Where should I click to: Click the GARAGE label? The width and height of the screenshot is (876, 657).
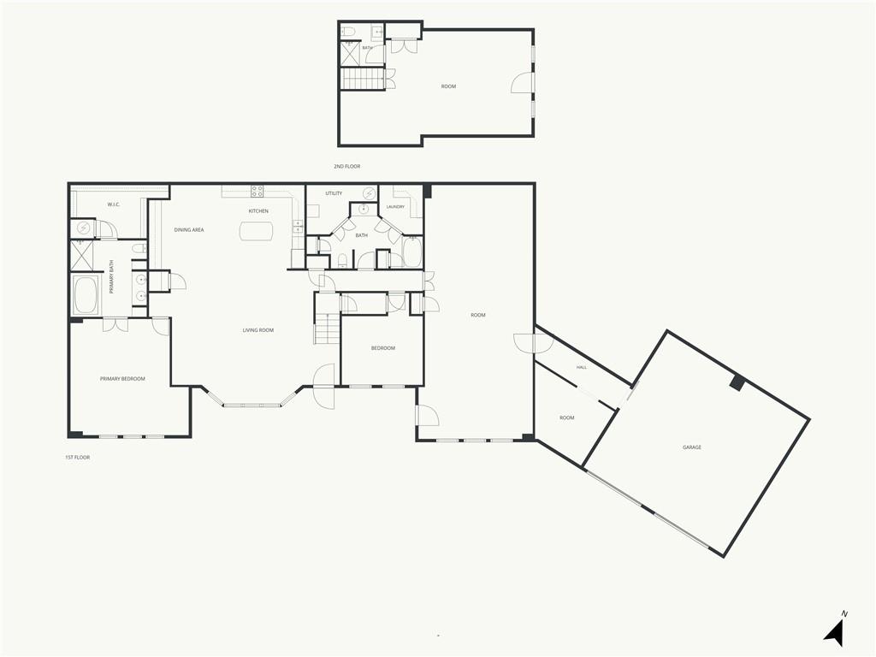(691, 447)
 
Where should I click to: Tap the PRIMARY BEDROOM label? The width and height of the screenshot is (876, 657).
(122, 379)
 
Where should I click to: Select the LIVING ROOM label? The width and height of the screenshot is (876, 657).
(258, 330)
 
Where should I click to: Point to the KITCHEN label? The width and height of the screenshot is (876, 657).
(258, 211)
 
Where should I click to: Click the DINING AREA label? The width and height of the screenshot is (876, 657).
(189, 229)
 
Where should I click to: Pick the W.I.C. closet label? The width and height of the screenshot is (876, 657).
(114, 204)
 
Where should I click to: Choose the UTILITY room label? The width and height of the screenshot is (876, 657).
(334, 193)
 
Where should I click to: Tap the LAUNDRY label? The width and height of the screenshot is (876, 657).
(395, 207)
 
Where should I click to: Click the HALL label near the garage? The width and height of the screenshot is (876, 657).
(582, 367)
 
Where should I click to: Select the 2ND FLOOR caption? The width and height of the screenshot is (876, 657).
(347, 167)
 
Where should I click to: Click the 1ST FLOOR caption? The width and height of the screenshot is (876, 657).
(77, 457)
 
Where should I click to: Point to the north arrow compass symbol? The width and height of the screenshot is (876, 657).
(835, 630)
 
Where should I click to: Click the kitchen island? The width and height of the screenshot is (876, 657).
(257, 231)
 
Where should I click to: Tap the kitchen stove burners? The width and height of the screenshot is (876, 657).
(257, 192)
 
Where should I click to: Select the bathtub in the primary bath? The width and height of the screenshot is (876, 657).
(86, 294)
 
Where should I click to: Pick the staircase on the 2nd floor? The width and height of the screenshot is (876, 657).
(363, 78)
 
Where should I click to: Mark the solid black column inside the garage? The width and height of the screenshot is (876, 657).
(737, 382)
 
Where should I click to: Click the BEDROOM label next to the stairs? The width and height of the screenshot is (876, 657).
(383, 348)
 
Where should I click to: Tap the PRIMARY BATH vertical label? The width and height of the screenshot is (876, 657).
(111, 277)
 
